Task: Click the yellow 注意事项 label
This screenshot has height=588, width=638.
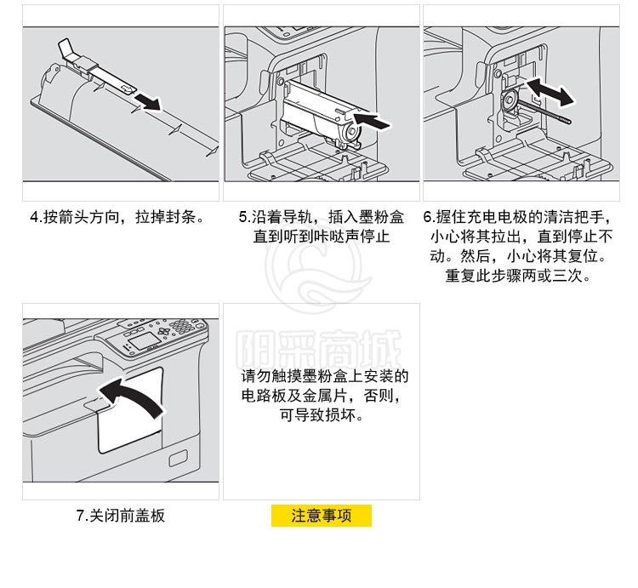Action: tap(322, 516)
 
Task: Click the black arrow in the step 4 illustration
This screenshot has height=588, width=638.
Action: tap(148, 101)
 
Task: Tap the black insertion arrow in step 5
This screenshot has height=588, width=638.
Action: tap(372, 120)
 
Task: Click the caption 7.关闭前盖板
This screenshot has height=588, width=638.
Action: tap(121, 516)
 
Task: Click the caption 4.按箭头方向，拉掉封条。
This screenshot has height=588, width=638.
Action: tap(118, 217)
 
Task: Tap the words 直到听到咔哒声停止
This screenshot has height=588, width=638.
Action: tap(322, 237)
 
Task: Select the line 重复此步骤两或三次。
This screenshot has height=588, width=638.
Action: tap(518, 276)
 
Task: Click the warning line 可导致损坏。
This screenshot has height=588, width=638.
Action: tap(322, 414)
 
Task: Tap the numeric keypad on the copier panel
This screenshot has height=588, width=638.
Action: tap(182, 326)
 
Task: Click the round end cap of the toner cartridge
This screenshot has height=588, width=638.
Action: tap(350, 132)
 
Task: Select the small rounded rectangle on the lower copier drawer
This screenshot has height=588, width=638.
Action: tap(179, 458)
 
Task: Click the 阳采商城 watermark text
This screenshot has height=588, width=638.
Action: tap(319, 349)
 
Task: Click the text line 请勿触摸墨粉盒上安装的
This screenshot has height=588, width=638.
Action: tap(324, 375)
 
